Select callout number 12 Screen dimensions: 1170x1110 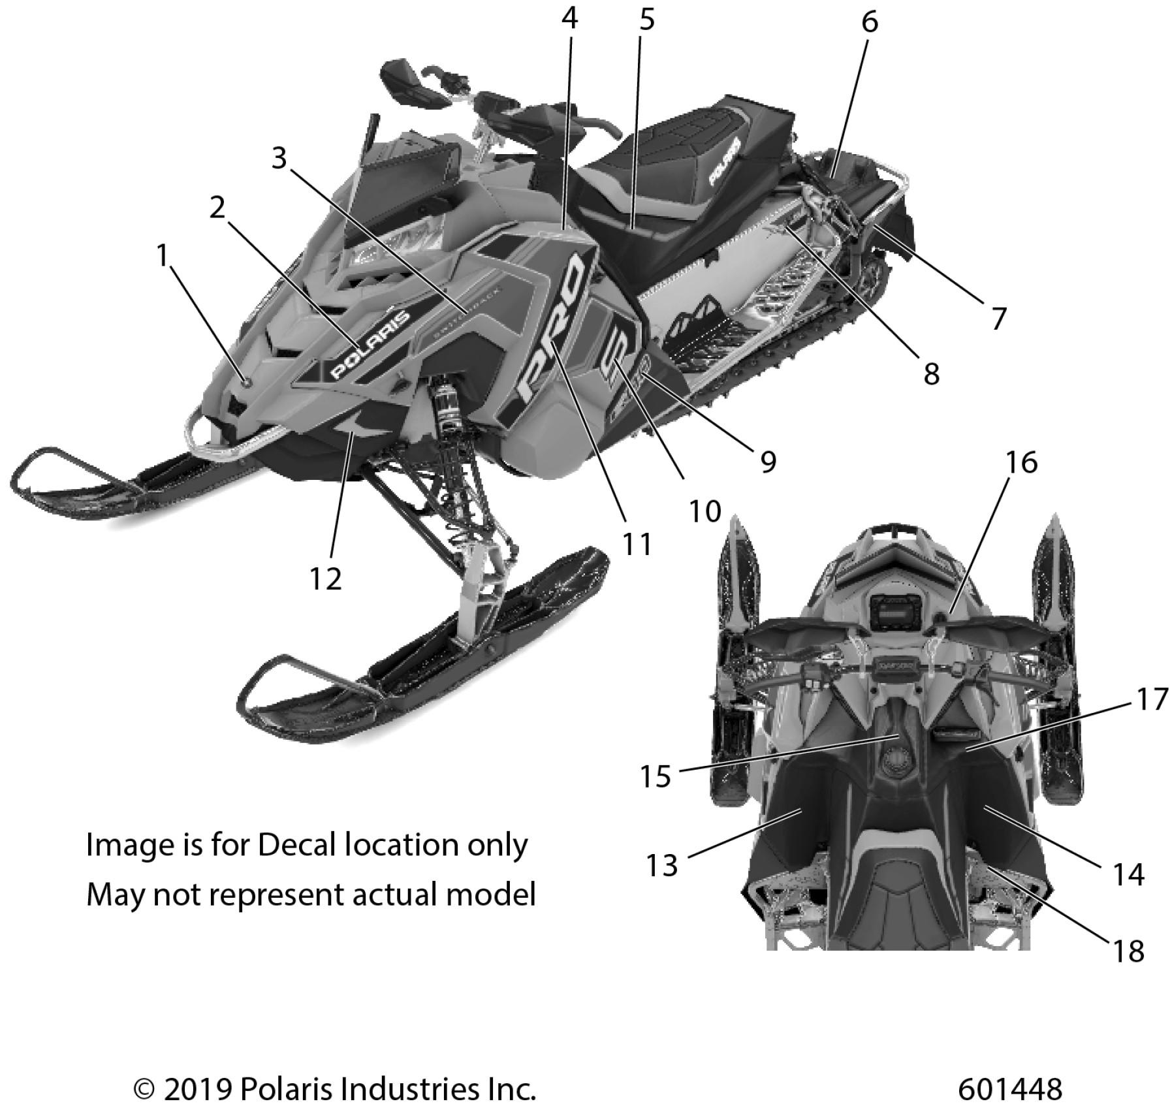pos(325,579)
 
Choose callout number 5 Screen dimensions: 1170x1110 pos(646,20)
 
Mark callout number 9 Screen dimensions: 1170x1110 pos(768,462)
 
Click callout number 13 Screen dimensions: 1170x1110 pos(662,866)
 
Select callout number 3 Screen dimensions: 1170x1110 pos(279,157)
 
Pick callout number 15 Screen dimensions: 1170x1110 pos(656,776)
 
